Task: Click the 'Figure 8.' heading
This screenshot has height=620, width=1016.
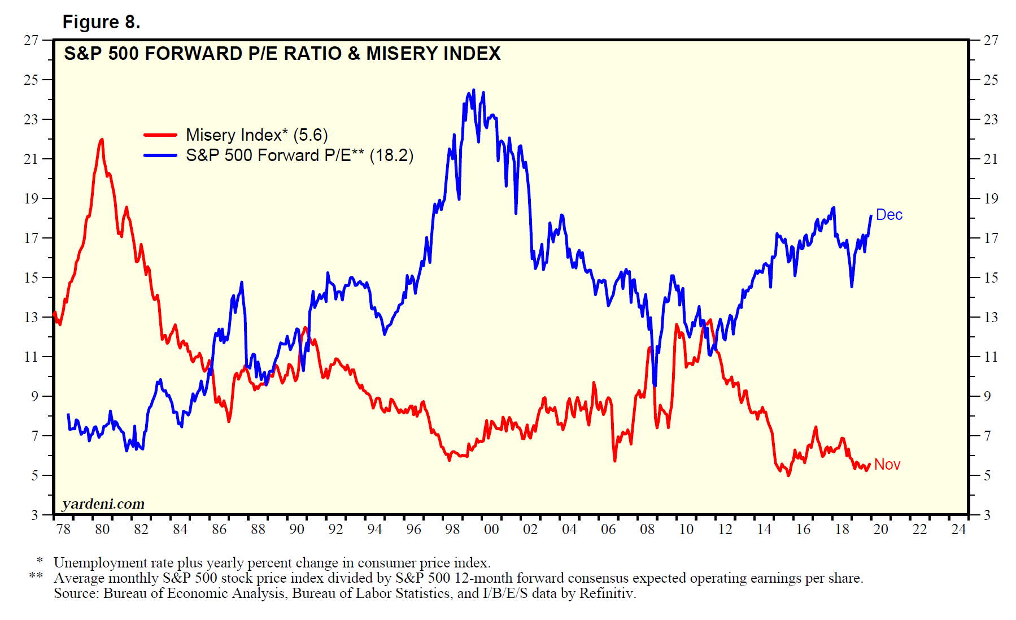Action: pyautogui.click(x=101, y=21)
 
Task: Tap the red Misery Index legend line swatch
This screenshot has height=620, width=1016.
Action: pyautogui.click(x=160, y=135)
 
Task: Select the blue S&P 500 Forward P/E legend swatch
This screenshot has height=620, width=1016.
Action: pyautogui.click(x=160, y=155)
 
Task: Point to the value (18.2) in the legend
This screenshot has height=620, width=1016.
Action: pyautogui.click(x=391, y=155)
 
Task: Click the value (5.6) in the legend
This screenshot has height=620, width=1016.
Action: pyautogui.click(x=310, y=135)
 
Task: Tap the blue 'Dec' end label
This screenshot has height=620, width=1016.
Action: pyautogui.click(x=889, y=215)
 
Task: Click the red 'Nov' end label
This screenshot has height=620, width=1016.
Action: pyautogui.click(x=887, y=465)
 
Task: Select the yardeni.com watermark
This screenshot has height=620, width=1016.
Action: pyautogui.click(x=103, y=504)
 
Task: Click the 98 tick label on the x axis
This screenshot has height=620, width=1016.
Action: pyautogui.click(x=452, y=530)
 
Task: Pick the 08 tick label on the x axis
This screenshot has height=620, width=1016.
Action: pyautogui.click(x=647, y=530)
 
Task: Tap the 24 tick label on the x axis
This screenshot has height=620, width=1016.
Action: pyautogui.click(x=958, y=530)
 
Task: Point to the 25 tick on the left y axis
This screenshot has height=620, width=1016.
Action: pyautogui.click(x=31, y=80)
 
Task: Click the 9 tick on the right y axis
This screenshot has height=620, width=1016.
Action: pyautogui.click(x=987, y=396)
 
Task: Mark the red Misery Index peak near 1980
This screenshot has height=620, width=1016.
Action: pyautogui.click(x=102, y=140)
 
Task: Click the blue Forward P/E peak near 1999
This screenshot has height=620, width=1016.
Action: pyautogui.click(x=473, y=90)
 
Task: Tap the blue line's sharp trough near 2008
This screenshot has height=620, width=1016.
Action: pyautogui.click(x=655, y=385)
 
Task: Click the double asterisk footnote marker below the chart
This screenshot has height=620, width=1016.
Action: pyautogui.click(x=36, y=577)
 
